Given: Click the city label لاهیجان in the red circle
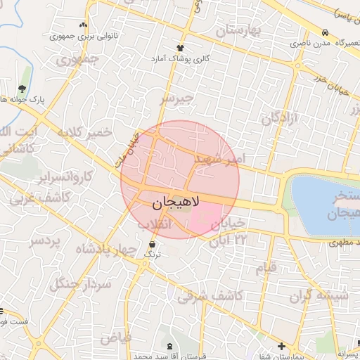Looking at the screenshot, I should point(176,202).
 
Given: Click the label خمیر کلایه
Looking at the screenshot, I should point(85,132).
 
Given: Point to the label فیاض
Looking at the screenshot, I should point(116,337).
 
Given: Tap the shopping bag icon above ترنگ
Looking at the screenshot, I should point(153,243).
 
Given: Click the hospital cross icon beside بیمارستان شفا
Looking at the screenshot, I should point(282,346).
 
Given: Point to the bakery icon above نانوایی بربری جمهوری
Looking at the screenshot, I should point(84,25).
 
